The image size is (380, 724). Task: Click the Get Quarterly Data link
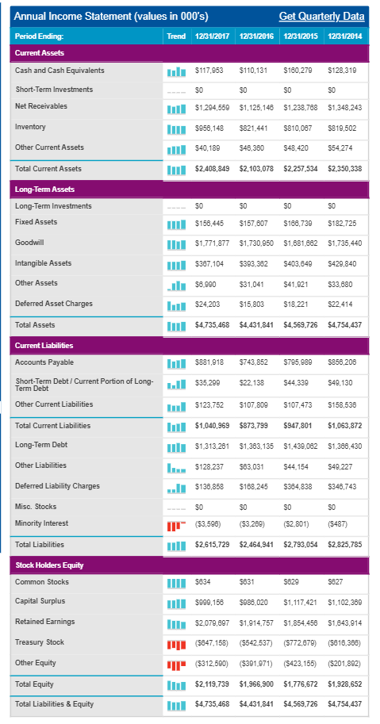coord(321,17)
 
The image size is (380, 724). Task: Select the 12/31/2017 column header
coord(213,36)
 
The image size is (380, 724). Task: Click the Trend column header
coord(176,36)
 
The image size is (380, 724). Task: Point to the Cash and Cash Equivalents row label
coord(59,71)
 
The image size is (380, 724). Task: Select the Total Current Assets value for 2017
coord(213,169)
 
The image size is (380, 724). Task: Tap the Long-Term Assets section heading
coord(44,190)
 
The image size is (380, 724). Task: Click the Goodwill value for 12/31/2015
coord(301,243)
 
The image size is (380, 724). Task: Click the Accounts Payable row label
coord(44,362)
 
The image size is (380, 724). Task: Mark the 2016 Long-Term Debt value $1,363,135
coord(257,446)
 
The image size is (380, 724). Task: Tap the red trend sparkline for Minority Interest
coord(176,526)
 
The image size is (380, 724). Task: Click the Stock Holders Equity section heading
coord(49,565)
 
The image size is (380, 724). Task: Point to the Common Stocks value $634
coord(202,582)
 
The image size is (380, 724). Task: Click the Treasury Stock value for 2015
coord(301,643)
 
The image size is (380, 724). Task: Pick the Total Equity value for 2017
coord(213,684)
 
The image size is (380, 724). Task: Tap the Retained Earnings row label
coord(44,622)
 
